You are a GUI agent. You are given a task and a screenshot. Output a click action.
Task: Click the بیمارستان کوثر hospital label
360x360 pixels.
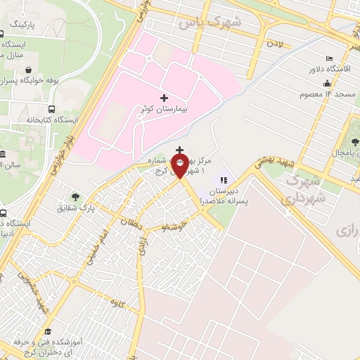pos(165,110)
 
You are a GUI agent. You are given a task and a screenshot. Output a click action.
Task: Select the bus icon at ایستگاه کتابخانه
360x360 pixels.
pos(51,109)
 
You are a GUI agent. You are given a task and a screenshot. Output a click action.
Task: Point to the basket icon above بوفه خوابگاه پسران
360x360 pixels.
pos(27,70)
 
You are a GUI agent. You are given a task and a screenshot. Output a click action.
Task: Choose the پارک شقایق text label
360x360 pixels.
pos(96,207)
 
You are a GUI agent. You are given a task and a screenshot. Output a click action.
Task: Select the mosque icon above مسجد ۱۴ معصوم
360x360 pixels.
pos(328,82)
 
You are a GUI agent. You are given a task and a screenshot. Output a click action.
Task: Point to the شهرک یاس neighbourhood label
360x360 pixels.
pos(210,22)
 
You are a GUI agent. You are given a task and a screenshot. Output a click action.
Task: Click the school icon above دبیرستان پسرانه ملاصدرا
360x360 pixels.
pos(224,179)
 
